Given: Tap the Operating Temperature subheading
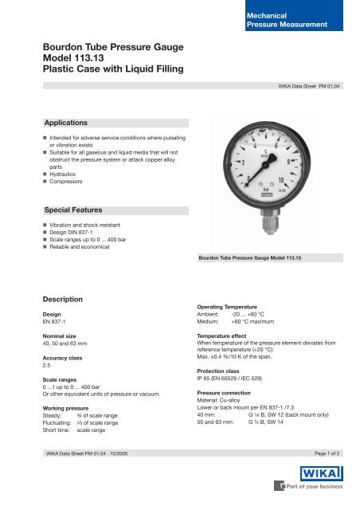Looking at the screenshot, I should tap(233, 306).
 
